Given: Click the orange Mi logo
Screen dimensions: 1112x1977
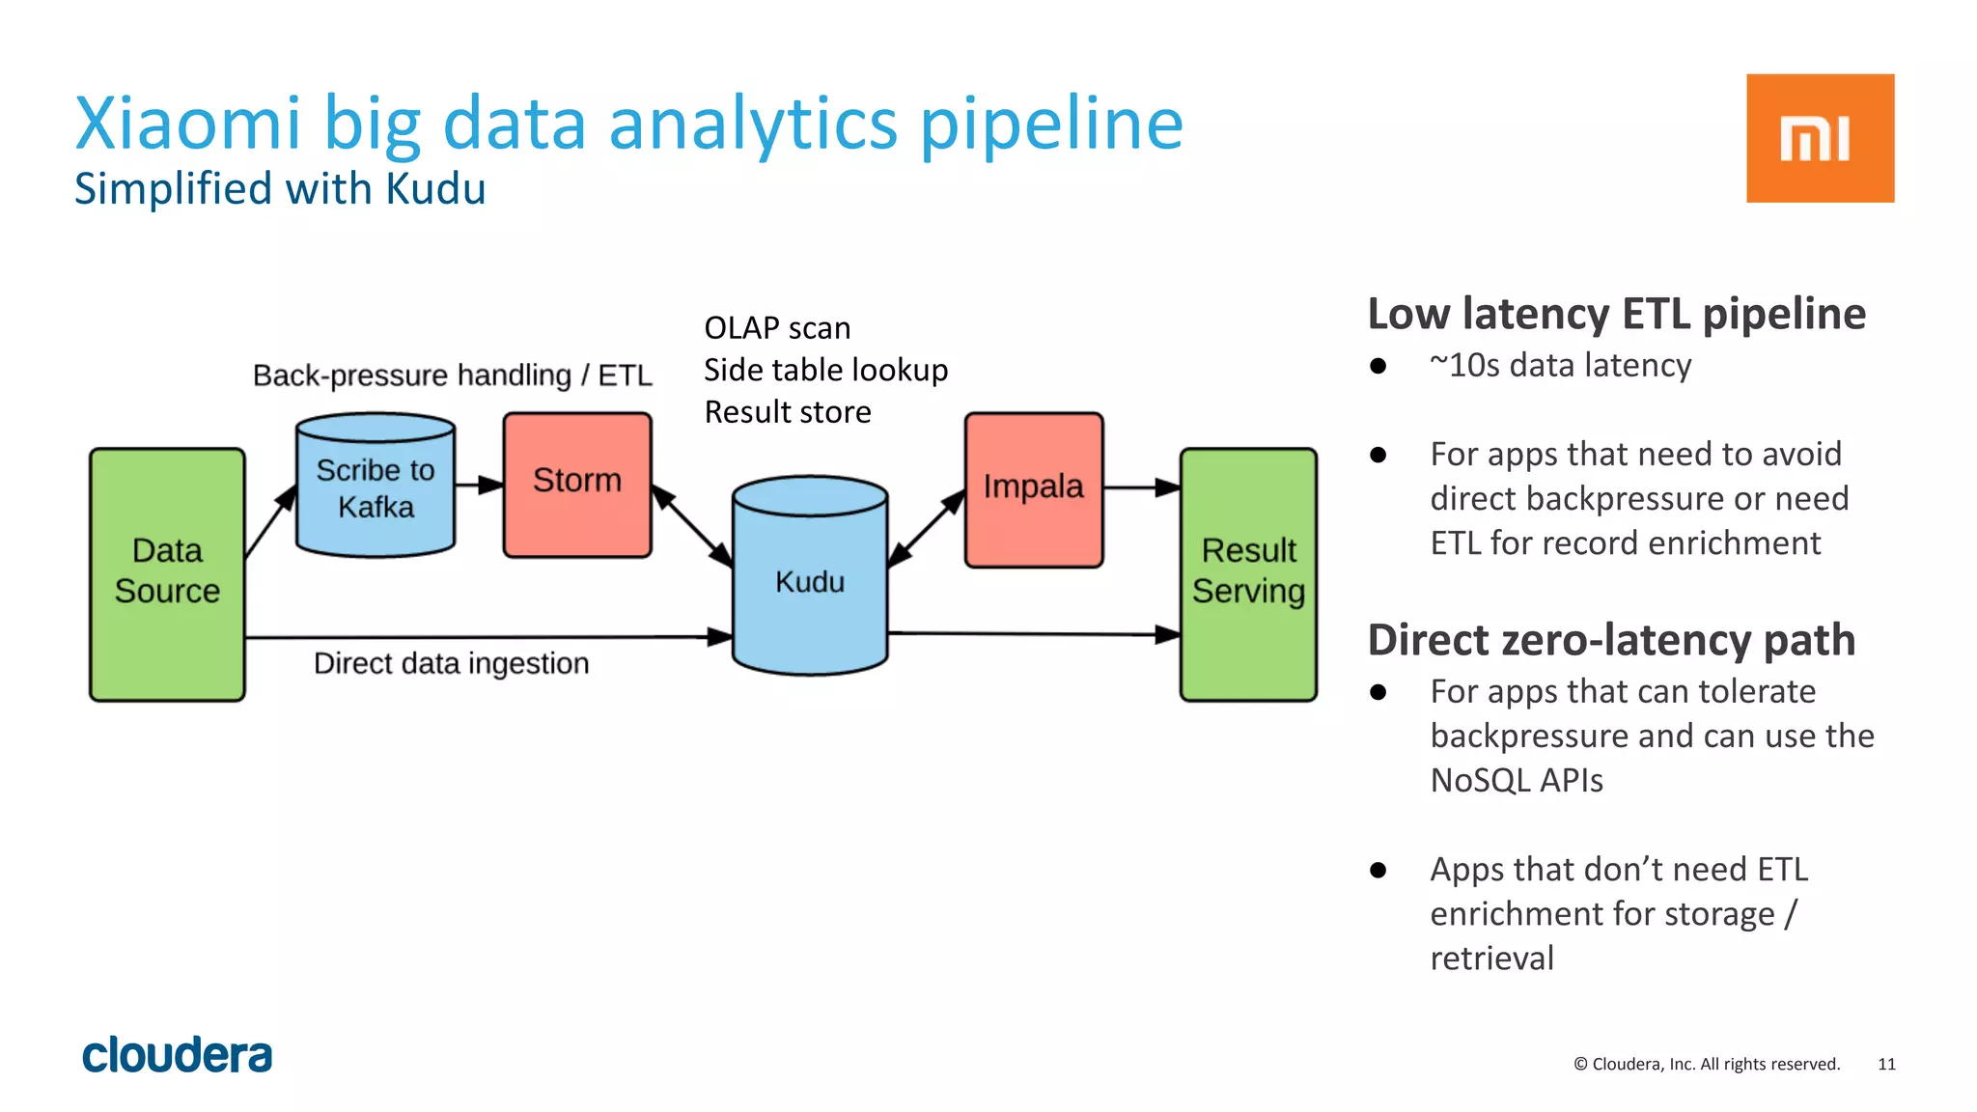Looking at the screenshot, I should point(1820,138).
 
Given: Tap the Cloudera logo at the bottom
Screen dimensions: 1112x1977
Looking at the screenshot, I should point(178,1055).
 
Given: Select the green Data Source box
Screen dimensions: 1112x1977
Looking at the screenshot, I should point(167,573).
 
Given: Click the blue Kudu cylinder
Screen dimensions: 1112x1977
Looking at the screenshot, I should point(809,581).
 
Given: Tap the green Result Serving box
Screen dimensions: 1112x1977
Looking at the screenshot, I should point(1248,573).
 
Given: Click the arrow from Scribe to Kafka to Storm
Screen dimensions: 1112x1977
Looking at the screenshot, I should point(479,485).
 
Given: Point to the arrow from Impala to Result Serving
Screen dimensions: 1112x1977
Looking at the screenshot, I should point(1141,487).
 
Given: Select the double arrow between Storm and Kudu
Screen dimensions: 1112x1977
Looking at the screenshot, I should point(692,526).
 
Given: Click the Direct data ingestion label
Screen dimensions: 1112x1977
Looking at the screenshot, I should point(451,663).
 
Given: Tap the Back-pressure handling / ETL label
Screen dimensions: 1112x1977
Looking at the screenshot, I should point(452,375).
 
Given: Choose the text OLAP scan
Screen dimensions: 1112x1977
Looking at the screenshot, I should point(777,328).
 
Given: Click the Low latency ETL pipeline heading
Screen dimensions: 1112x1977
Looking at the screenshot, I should point(1616,314).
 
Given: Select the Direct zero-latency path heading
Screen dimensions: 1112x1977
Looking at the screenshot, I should point(1611,640).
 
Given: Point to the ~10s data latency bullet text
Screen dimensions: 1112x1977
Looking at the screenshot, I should point(1560,365).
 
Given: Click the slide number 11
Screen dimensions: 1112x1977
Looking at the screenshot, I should point(1886,1064).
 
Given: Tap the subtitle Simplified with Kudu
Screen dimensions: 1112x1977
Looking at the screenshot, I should point(280,188).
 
